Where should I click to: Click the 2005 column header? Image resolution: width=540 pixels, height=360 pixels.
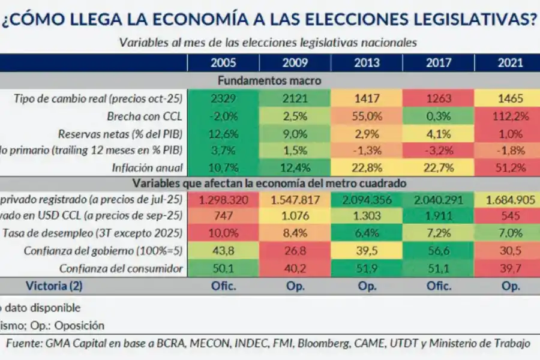223,63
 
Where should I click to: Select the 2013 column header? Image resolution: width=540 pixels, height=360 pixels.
367,63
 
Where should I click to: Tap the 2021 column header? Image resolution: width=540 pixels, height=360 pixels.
510,63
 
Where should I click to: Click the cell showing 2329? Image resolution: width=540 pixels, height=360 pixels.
223,98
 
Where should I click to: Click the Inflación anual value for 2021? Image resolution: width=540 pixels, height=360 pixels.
510,167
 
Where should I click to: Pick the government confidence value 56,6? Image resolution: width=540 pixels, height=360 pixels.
438,251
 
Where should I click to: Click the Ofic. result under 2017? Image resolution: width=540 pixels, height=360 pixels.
438,286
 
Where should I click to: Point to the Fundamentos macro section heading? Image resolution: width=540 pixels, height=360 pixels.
269,80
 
